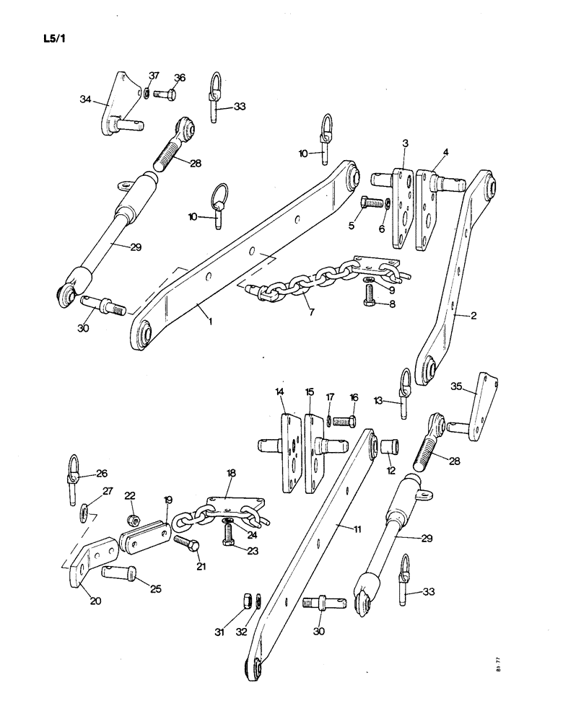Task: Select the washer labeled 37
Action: click(x=147, y=92)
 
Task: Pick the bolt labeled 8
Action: click(x=370, y=294)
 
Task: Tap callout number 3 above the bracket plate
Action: click(x=406, y=144)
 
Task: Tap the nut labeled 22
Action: click(x=131, y=520)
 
